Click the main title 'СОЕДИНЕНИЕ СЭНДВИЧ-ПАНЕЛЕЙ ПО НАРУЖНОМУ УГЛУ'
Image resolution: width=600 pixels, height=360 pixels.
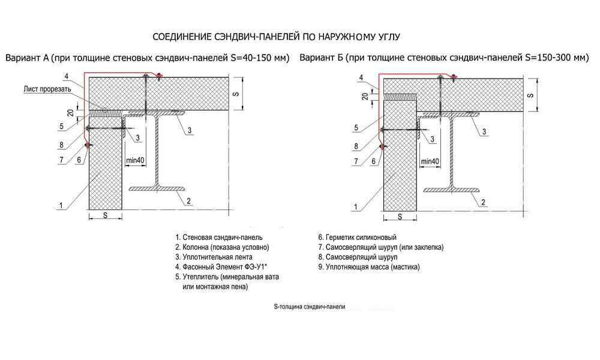(276, 37)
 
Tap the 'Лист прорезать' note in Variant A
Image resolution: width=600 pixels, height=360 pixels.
(47, 89)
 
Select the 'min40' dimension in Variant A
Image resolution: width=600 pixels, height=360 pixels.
(136, 160)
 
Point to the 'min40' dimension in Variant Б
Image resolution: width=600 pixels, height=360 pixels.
(430, 161)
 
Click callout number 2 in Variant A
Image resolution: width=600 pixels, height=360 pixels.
(188, 201)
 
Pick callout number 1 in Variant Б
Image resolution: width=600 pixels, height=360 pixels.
(355, 207)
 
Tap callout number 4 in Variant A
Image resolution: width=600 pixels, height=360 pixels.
(66, 76)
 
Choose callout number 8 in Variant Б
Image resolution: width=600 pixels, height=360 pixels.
(356, 146)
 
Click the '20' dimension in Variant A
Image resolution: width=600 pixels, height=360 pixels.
(70, 113)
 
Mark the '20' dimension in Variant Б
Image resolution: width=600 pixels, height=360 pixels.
(365, 95)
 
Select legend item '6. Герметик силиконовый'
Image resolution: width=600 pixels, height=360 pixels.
(358, 238)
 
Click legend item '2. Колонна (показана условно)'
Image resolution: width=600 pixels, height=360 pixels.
(223, 247)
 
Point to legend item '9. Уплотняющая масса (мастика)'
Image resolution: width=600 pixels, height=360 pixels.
(369, 267)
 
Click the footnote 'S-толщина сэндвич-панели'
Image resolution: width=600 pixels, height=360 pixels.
(310, 307)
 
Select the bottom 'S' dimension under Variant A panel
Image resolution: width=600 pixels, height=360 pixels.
(105, 215)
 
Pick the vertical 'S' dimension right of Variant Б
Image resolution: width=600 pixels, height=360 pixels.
(530, 95)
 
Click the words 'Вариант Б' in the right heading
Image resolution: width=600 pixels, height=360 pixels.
(320, 58)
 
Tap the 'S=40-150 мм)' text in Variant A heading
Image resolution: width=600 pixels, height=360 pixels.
(260, 58)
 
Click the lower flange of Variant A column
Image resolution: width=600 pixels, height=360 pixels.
(158, 188)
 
